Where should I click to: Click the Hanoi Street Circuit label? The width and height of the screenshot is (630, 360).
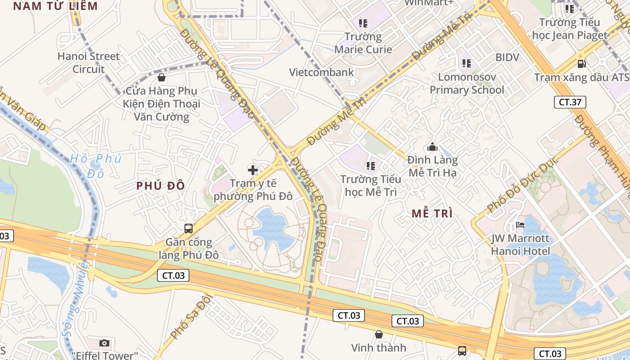(89, 63)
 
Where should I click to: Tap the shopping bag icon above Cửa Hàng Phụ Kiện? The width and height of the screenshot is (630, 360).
(162, 77)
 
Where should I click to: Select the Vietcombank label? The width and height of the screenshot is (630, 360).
(321, 72)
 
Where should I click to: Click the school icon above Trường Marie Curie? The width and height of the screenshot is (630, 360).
(363, 23)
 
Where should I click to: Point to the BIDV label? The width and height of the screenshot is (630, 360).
(507, 57)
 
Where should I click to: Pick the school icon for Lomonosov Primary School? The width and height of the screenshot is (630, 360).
(467, 63)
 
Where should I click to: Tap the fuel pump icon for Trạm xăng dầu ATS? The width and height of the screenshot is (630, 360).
(582, 64)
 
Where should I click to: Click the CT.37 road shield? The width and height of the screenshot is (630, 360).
(570, 102)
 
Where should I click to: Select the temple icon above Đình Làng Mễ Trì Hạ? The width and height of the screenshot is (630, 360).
(432, 147)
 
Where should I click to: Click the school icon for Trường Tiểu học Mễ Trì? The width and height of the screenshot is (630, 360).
(371, 166)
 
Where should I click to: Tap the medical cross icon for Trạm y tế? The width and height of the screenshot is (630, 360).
(253, 170)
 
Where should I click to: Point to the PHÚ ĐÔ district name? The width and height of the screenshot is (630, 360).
(161, 186)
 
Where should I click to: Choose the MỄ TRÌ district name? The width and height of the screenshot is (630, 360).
(432, 214)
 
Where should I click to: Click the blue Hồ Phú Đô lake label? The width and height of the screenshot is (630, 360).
(96, 165)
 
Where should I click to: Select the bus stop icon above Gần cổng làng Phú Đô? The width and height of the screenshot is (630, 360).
(189, 229)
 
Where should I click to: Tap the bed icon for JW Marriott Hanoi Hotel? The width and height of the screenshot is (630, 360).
(521, 225)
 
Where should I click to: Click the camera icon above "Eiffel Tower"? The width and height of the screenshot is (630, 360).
(104, 343)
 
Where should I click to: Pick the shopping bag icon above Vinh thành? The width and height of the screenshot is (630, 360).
(379, 334)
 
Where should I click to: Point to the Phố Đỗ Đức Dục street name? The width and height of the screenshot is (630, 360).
(523, 184)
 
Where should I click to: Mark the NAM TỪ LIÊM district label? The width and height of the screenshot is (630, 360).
(55, 6)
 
